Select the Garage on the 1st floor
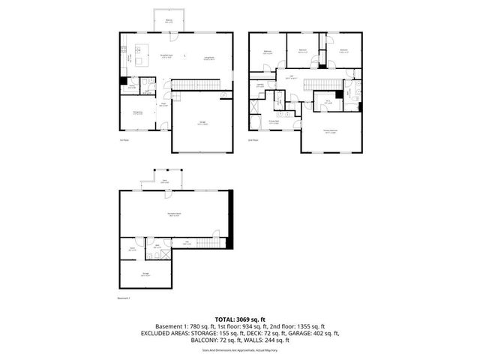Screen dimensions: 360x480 pyautogui.click(x=200, y=124)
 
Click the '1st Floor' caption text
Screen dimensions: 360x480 pyautogui.click(x=124, y=139)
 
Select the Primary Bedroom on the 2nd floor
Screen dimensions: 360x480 pyautogui.click(x=329, y=131)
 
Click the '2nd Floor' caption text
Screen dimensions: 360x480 pyautogui.click(x=253, y=139)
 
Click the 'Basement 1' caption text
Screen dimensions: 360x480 pyautogui.click(x=124, y=298)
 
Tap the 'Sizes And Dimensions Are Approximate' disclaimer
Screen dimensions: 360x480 pyautogui.click(x=240, y=349)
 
